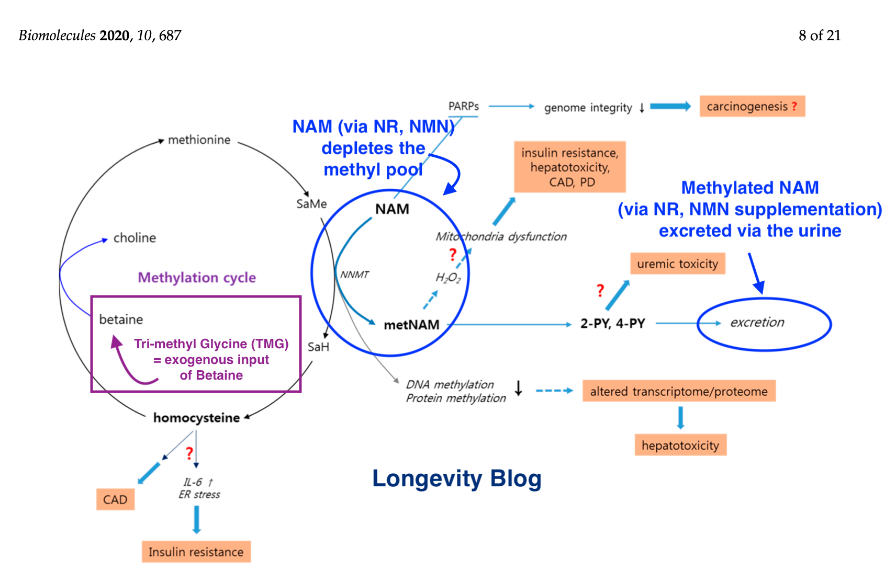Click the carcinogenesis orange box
click(x=752, y=107)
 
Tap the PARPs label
click(x=463, y=107)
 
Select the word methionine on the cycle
click(x=199, y=140)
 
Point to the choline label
click(x=135, y=238)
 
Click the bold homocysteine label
click(x=196, y=418)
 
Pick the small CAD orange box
click(x=115, y=499)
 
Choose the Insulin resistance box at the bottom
click(x=196, y=552)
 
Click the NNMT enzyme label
click(x=354, y=275)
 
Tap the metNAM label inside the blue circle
click(x=411, y=325)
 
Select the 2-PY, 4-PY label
click(x=612, y=324)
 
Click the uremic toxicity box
click(x=677, y=264)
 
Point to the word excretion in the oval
click(x=757, y=323)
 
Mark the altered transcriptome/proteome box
click(x=678, y=391)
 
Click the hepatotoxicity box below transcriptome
click(x=680, y=446)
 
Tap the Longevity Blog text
click(x=456, y=478)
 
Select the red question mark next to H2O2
click(x=453, y=255)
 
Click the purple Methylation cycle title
click(x=197, y=278)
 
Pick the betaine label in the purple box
click(x=121, y=319)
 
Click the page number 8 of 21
click(x=819, y=36)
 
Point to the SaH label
click(x=318, y=347)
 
